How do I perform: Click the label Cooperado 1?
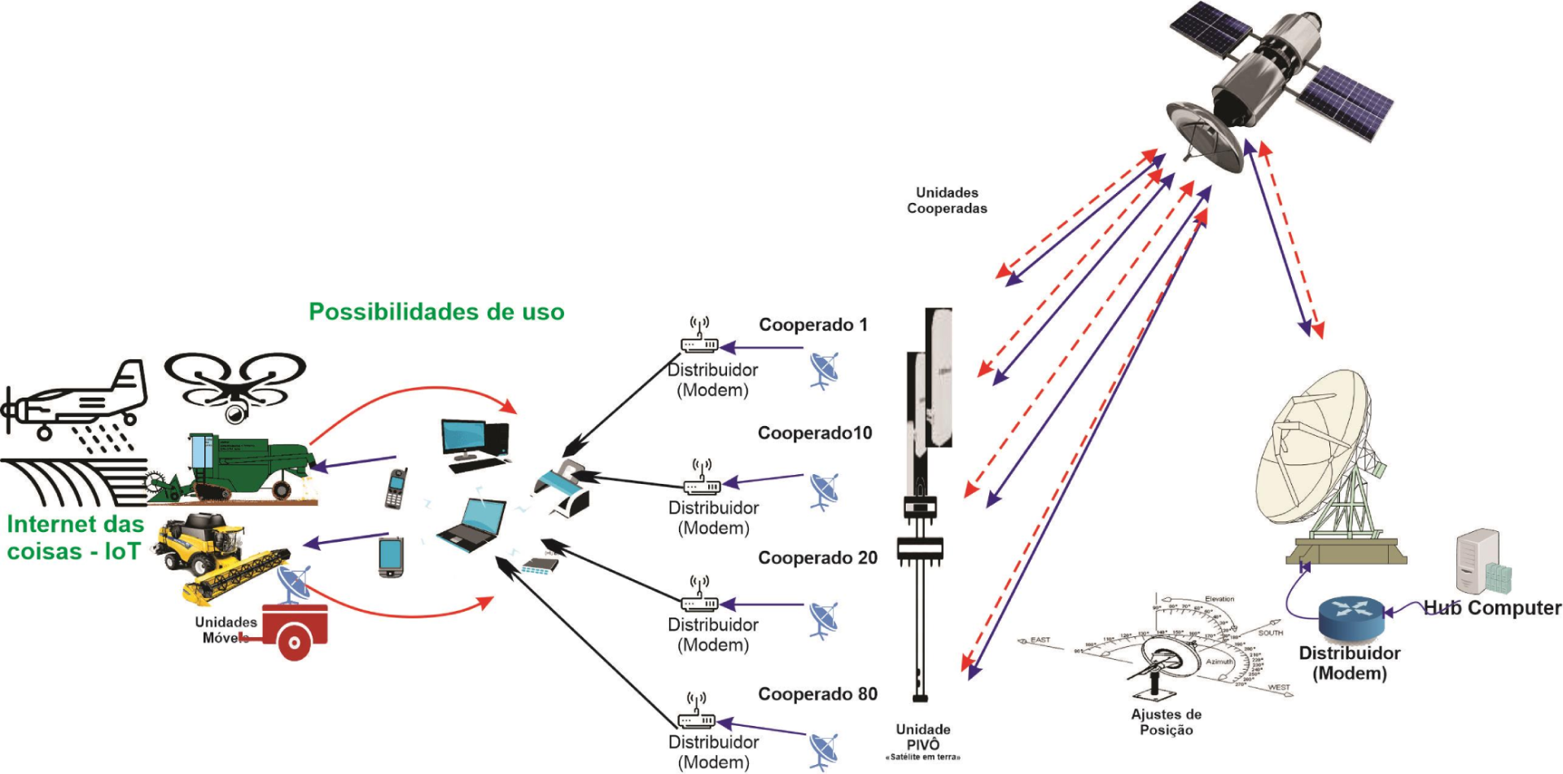pos(813,325)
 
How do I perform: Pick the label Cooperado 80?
pos(817,694)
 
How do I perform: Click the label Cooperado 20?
pos(817,558)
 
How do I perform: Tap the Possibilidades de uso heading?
pos(436,312)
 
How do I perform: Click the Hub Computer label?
pos(1492,608)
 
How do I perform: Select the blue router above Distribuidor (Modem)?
pos(1351,618)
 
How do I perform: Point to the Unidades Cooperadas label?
pos(947,200)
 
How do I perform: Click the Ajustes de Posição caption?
pos(1166,722)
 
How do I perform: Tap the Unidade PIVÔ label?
pos(923,737)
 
